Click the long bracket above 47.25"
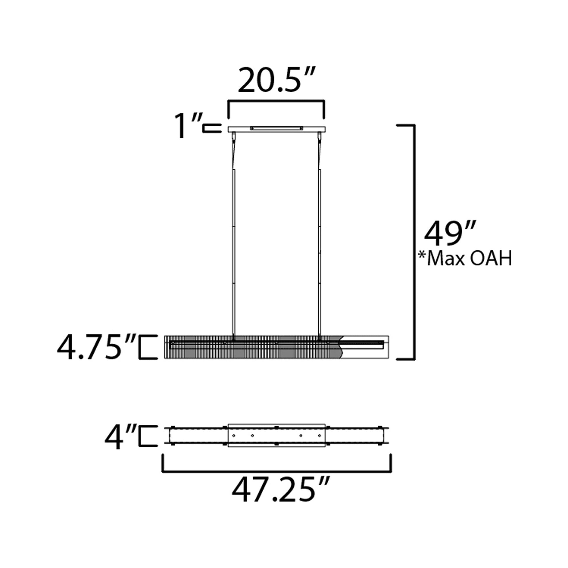[x=276, y=471]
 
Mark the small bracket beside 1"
[x=212, y=128]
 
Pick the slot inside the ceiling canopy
[x=276, y=128]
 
